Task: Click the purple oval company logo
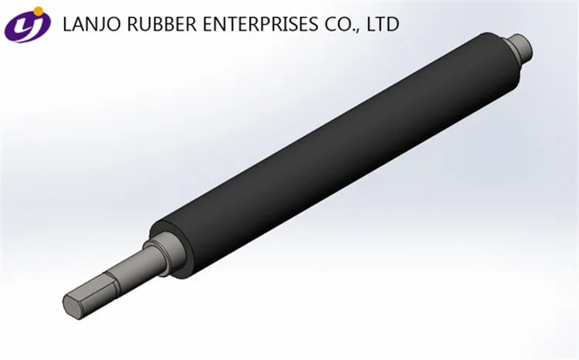[x=26, y=25]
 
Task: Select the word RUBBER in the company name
[x=154, y=25]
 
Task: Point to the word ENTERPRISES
[x=249, y=25]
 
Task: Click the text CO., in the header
[x=337, y=25]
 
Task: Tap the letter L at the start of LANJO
[x=66, y=25]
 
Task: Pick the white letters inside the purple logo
[x=25, y=26]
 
